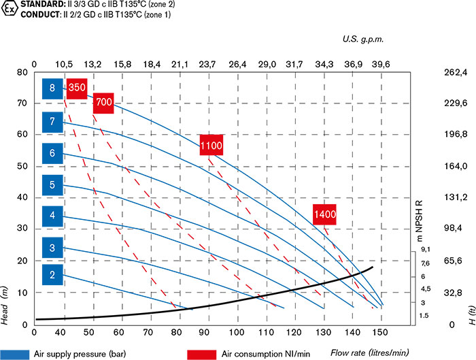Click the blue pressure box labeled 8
coord(52,88)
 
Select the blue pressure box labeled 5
coord(52,184)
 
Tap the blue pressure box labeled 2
coord(52,275)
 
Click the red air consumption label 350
coord(77,87)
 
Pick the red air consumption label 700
coord(103,102)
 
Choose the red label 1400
coord(325,214)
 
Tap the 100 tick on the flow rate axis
coord(237,333)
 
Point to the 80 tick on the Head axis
coord(22,71)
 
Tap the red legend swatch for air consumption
coord(202,354)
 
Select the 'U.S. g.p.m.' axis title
coord(363,40)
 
